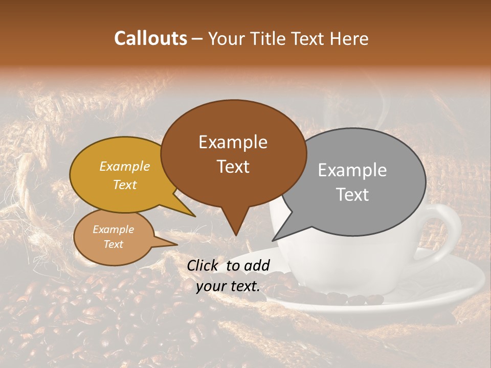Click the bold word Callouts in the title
pyautogui.click(x=150, y=38)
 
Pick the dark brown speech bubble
pyautogui.click(x=233, y=153)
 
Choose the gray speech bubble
pyautogui.click(x=353, y=181)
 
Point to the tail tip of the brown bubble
pyautogui.click(x=235, y=235)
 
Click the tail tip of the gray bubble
pyautogui.click(x=273, y=240)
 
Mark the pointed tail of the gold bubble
pyautogui.click(x=194, y=216)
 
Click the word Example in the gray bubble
pyautogui.click(x=352, y=170)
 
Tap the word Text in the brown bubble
pyautogui.click(x=233, y=167)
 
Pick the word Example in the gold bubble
pyautogui.click(x=125, y=167)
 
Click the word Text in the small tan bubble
pyautogui.click(x=114, y=244)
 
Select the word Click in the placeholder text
pyautogui.click(x=204, y=265)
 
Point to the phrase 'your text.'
pyautogui.click(x=228, y=286)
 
